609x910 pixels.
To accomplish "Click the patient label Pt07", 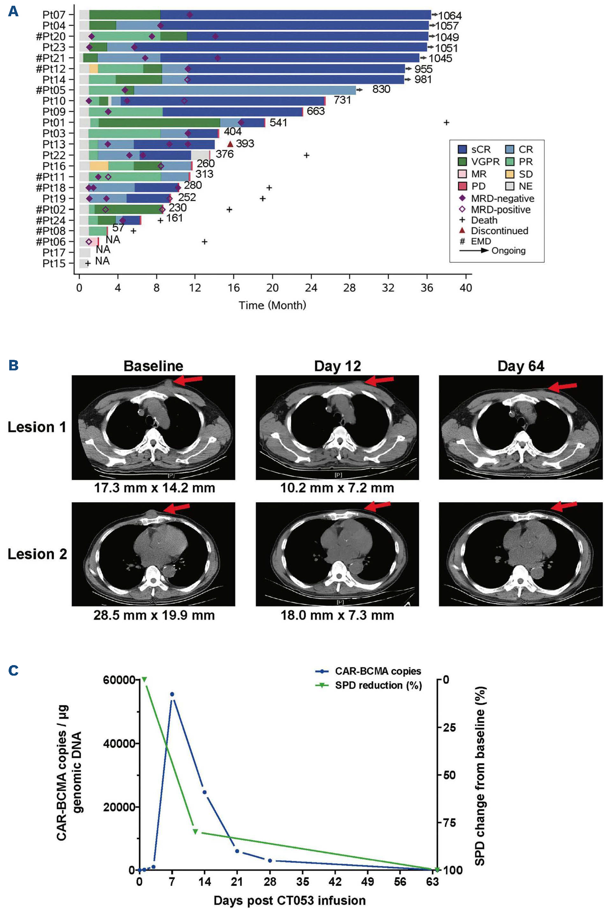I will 54,15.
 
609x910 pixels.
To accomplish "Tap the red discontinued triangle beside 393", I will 230,144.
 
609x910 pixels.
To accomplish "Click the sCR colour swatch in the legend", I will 462,149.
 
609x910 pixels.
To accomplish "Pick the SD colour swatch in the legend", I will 510,174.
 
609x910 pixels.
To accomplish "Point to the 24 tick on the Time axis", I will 311,288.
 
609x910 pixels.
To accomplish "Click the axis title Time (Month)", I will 272,305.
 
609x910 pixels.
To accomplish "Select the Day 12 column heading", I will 337,366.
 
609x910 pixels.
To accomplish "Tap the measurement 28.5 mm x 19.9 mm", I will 154,615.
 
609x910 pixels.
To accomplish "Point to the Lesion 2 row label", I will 37,554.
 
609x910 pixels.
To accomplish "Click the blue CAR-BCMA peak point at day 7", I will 172,694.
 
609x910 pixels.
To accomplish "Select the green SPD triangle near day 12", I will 195,831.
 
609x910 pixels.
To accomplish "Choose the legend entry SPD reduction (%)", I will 378,686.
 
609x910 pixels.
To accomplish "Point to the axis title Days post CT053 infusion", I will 289,900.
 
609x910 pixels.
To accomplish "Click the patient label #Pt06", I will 50,242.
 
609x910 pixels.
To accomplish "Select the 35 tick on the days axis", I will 302,882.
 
